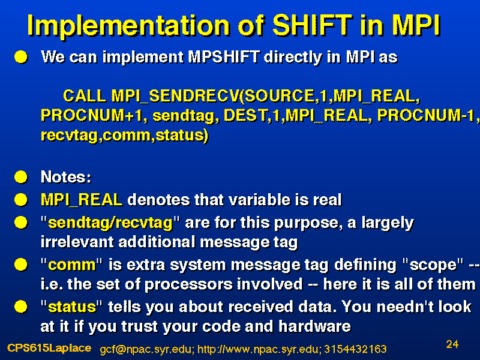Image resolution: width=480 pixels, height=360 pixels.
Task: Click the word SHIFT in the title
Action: [x=312, y=25]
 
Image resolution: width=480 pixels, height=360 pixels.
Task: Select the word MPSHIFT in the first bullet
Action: [x=224, y=56]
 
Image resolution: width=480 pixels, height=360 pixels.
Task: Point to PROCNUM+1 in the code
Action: [x=92, y=116]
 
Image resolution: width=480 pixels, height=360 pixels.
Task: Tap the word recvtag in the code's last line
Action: [x=70, y=135]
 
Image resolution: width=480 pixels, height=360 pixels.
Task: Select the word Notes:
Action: [x=66, y=176]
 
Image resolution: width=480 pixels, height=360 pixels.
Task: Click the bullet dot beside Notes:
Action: [x=21, y=177]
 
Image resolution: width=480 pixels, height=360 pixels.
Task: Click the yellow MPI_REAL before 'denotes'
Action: [x=82, y=200]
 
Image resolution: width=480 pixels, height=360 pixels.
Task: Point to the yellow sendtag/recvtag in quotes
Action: [x=110, y=223]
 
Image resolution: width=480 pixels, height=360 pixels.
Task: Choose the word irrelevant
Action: [x=77, y=242]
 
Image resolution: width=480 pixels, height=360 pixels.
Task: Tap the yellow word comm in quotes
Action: [x=72, y=265]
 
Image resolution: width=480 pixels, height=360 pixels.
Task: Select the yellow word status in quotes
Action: [x=72, y=307]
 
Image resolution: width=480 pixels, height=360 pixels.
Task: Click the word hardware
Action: [x=314, y=326]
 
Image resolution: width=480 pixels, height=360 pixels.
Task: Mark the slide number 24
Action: [x=452, y=344]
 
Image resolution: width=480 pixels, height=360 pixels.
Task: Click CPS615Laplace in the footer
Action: [x=49, y=348]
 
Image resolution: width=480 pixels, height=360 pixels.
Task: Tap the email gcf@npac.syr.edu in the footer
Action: [x=147, y=349]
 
